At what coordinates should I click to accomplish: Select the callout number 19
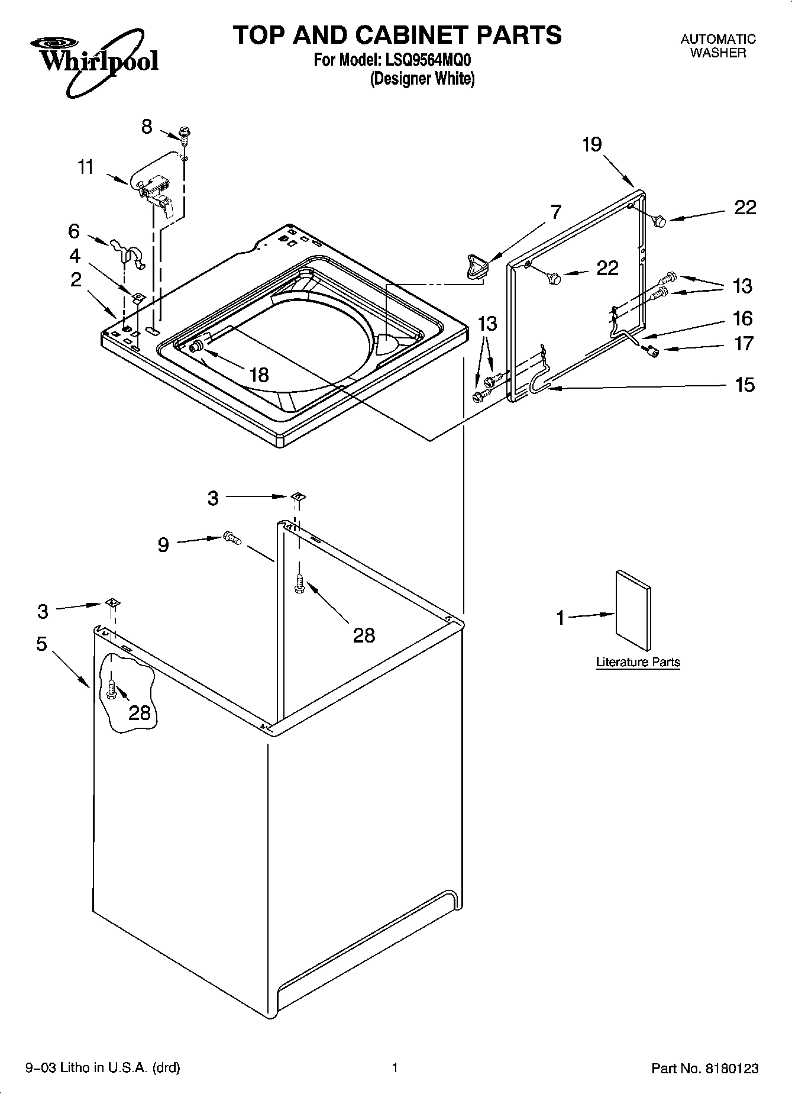coord(591,144)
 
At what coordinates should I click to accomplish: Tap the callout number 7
coord(555,212)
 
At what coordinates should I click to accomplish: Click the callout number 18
coord(259,375)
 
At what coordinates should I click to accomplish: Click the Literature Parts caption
coord(638,662)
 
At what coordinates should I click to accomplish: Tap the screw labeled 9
coord(232,538)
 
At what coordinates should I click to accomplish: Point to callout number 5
coord(41,643)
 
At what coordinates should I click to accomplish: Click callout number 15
coord(745,385)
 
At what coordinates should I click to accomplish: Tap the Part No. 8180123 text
coord(704,1069)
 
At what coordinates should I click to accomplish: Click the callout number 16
coord(743,318)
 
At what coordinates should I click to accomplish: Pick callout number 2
coord(76,279)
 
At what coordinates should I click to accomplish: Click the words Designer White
coord(422,79)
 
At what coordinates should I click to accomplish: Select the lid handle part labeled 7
coord(476,265)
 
